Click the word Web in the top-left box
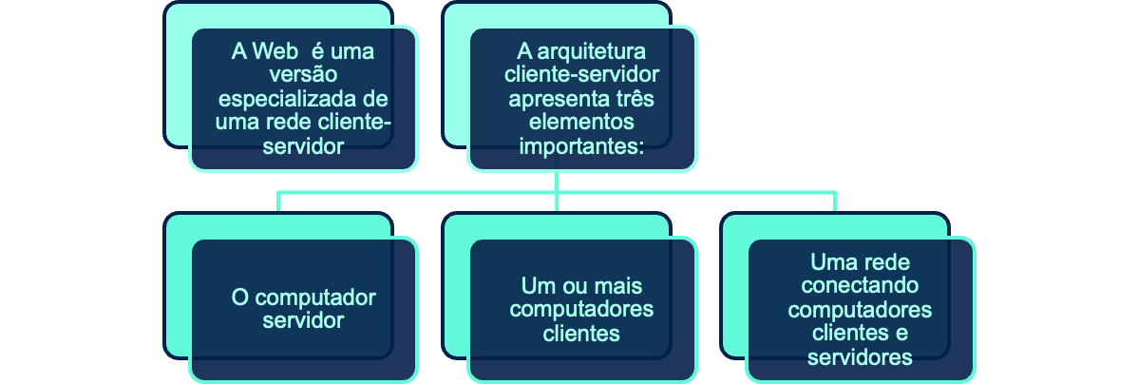272,51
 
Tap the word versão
303,74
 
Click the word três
636,98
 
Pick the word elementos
581,122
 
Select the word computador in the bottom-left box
318,298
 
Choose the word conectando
860,285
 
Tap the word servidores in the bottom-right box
860,357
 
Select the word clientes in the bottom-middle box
581,334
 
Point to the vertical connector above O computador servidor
278,202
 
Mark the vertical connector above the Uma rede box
835,202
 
